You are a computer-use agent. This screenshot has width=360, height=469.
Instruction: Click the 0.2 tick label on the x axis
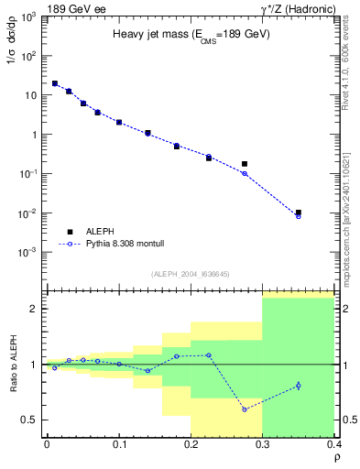191,445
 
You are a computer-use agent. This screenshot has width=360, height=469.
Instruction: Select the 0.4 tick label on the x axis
333,445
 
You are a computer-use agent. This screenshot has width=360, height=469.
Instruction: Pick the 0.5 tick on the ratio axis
32,420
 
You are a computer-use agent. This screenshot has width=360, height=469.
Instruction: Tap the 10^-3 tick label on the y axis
29,252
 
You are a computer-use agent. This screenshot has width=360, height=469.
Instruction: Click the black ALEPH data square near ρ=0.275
245,164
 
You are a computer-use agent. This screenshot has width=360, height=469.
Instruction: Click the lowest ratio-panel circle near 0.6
245,409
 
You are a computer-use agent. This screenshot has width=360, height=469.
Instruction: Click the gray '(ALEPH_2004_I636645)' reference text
191,274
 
